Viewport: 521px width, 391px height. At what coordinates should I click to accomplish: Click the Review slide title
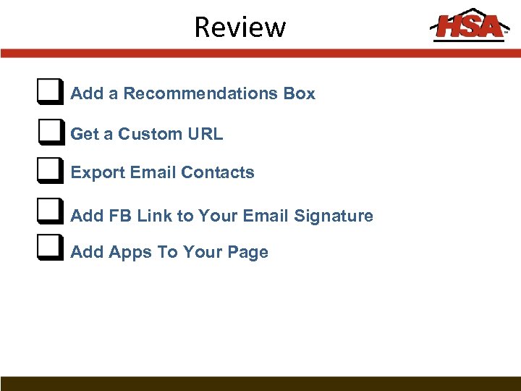(240, 28)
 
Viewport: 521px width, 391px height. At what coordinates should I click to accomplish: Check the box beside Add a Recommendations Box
(48, 92)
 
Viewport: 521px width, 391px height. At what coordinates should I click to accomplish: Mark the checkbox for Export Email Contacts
(48, 172)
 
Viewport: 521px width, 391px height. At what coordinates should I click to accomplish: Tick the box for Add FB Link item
(48, 214)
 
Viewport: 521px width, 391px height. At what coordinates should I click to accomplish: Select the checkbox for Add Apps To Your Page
(48, 251)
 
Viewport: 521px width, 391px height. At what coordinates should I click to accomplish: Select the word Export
(98, 173)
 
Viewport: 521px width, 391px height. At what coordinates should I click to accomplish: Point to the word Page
(247, 253)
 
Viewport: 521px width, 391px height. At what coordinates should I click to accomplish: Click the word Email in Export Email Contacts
(153, 173)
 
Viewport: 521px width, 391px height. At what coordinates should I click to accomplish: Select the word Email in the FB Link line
(266, 216)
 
